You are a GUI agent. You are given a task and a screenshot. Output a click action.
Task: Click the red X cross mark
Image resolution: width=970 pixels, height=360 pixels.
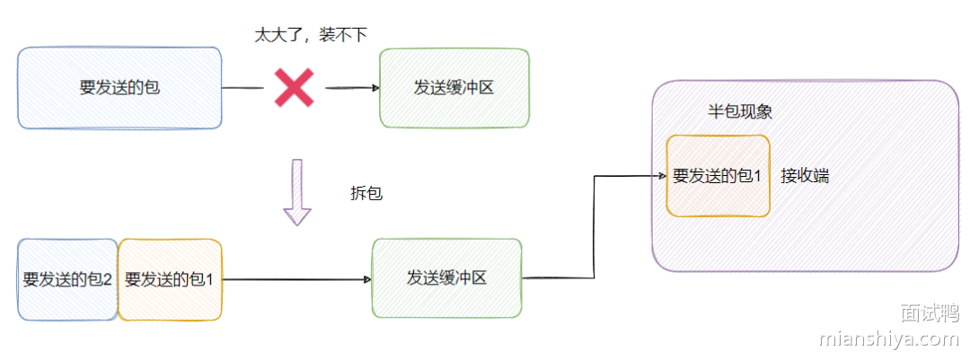[294, 88]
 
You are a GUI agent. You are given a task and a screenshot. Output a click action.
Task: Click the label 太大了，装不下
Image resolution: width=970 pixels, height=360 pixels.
[312, 34]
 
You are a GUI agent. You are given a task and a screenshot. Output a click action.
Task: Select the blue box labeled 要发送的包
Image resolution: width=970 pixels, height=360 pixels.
[119, 88]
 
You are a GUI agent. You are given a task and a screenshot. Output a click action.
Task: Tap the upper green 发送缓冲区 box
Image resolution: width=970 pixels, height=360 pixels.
[454, 88]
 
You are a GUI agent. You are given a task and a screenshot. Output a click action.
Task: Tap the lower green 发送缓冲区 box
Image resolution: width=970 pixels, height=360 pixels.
[446, 277]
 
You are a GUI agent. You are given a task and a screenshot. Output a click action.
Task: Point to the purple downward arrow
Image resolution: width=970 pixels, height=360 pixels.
[296, 192]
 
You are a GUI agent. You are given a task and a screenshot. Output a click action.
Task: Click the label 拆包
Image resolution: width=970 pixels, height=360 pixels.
[366, 193]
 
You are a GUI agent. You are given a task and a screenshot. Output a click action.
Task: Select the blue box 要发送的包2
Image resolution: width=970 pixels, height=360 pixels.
[67, 279]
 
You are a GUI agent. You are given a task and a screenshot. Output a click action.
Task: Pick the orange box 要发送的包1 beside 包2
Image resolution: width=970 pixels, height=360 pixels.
[170, 279]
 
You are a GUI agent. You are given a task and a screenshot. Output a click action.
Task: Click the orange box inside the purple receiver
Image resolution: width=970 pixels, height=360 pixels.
[718, 176]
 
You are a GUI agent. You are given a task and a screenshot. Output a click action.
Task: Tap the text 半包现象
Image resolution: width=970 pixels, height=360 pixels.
[740, 112]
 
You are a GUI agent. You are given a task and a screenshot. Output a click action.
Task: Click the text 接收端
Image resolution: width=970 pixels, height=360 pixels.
[805, 176]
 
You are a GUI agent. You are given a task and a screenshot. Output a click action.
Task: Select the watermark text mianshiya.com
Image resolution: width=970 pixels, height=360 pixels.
[889, 339]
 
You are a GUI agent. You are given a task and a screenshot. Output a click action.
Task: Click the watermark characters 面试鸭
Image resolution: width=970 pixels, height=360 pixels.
[930, 312]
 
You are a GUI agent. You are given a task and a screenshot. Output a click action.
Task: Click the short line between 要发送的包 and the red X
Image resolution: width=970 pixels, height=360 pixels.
[242, 88]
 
